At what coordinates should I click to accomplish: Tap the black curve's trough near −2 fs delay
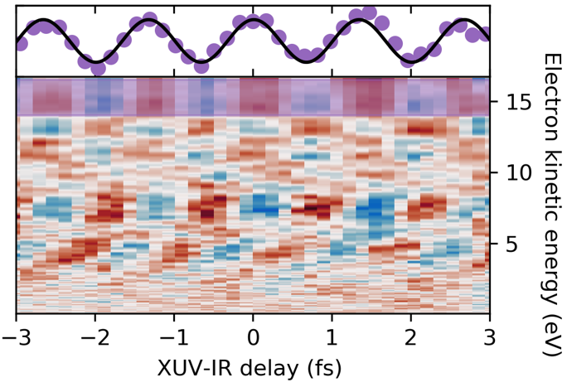(x=96, y=61)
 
